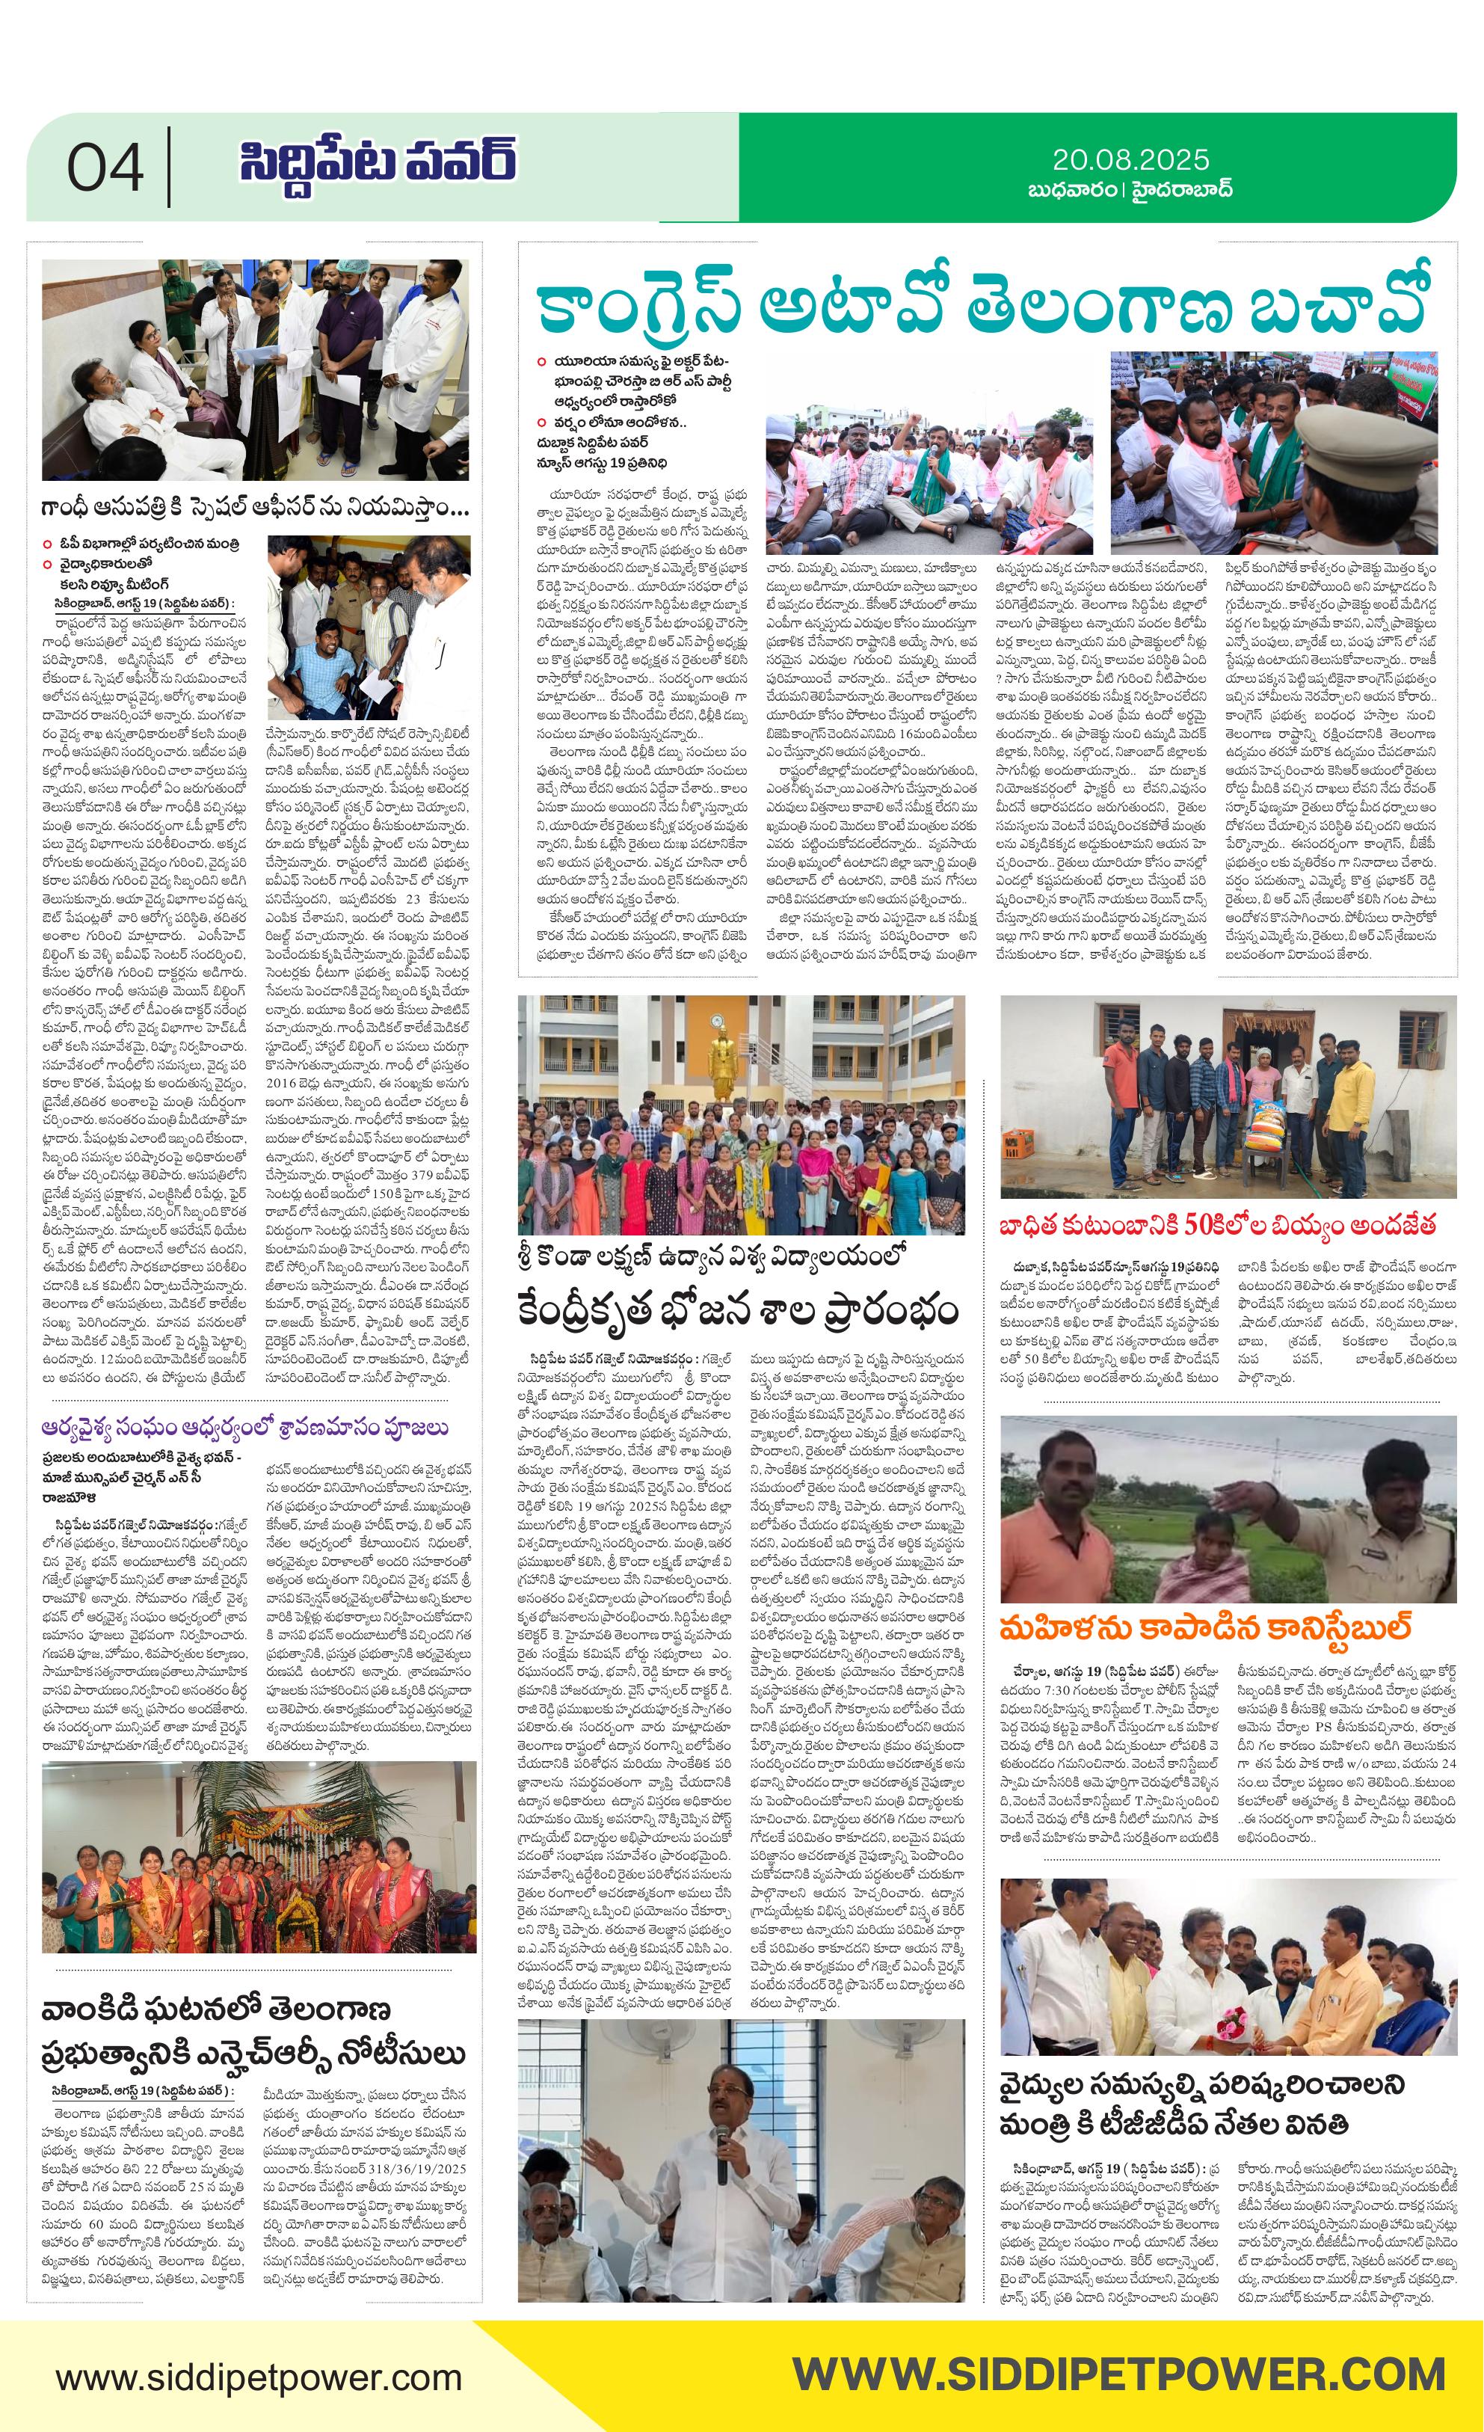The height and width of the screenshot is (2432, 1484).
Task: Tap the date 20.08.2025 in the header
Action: (1130, 160)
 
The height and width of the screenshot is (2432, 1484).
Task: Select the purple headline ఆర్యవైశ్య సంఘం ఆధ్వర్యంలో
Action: (244, 1428)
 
